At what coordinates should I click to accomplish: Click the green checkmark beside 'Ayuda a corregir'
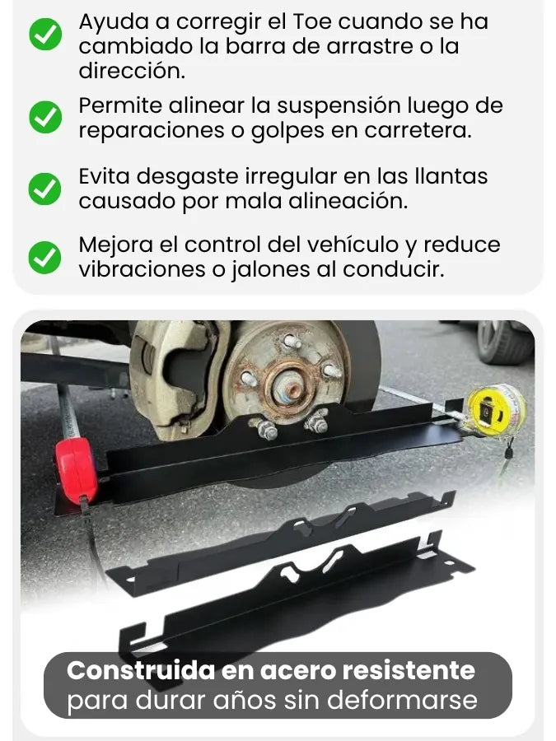pos(45,34)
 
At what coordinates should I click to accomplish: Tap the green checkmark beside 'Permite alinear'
pos(45,117)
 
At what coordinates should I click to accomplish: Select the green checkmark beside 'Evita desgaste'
pos(45,189)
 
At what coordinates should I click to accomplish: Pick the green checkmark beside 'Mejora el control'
pos(45,258)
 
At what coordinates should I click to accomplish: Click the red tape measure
pos(76,470)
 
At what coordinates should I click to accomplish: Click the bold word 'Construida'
pos(140,670)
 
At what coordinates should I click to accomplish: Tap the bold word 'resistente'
pos(409,671)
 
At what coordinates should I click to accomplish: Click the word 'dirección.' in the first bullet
pos(132,72)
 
